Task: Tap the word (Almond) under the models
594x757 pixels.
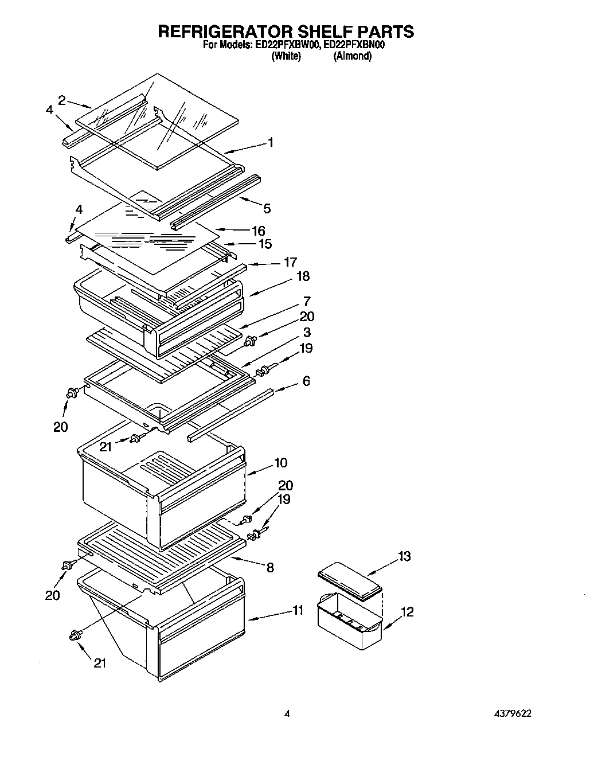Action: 352,56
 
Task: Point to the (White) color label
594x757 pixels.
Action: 286,56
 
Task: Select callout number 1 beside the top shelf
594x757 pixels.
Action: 270,143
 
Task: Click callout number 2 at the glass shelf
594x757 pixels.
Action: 62,99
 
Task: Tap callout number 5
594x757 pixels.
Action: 267,209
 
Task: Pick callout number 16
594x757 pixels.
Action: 259,231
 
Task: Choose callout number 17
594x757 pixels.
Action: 290,262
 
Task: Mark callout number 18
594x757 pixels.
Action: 303,276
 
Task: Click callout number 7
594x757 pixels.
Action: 307,301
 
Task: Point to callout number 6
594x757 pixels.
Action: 306,381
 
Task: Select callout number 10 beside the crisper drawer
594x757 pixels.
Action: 281,462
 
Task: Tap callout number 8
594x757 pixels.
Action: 270,567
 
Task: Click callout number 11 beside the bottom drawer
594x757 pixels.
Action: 298,610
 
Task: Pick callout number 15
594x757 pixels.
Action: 265,244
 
